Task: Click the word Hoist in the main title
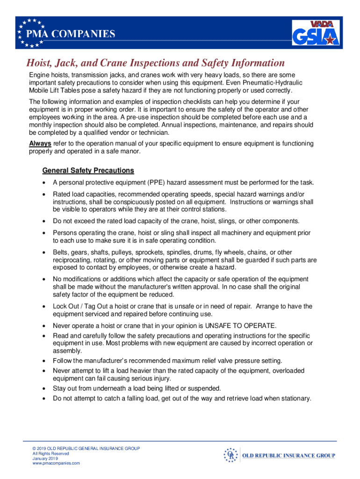coord(40,63)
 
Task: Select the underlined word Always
coord(40,144)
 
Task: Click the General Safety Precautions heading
coord(88,170)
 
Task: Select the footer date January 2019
coord(45,458)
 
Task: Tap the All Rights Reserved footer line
coord(50,454)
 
